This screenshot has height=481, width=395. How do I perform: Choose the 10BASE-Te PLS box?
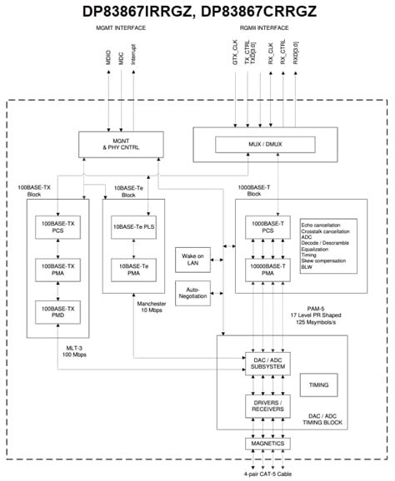coord(133,226)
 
